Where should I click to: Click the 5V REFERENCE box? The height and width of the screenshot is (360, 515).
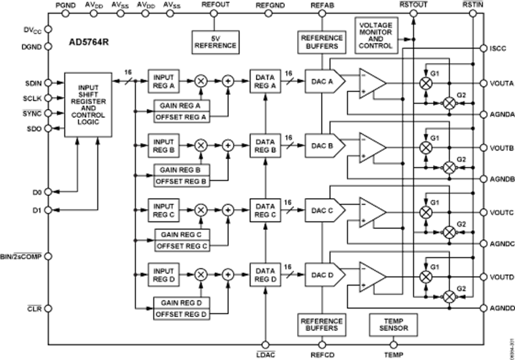(x=214, y=42)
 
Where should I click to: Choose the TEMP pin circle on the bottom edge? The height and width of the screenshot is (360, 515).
(x=393, y=346)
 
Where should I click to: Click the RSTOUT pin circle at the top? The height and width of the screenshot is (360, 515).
(x=414, y=13)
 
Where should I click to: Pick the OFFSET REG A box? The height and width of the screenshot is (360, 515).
(x=181, y=117)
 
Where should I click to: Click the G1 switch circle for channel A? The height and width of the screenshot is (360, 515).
(x=425, y=83)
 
